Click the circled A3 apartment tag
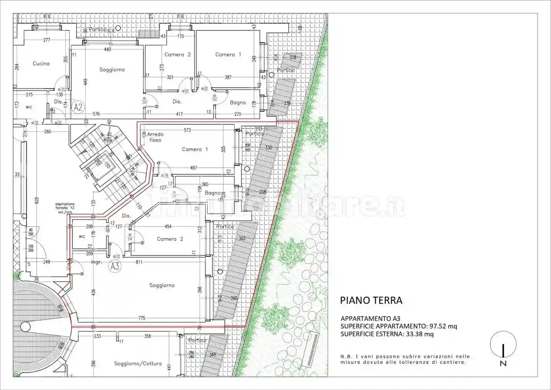(115, 266)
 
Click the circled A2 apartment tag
(78, 107)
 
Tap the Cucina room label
(41, 64)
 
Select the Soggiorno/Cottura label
(138, 364)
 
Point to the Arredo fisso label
(155, 137)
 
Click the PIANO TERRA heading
(371, 300)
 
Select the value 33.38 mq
(420, 334)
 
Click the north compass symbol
(503, 349)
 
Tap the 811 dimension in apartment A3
(139, 262)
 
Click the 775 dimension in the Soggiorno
(141, 318)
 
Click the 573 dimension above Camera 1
(187, 130)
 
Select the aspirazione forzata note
(65, 208)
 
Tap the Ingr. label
(96, 262)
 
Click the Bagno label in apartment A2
(237, 103)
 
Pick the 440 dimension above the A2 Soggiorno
(107, 49)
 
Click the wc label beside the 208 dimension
(82, 236)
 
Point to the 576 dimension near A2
(96, 114)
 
